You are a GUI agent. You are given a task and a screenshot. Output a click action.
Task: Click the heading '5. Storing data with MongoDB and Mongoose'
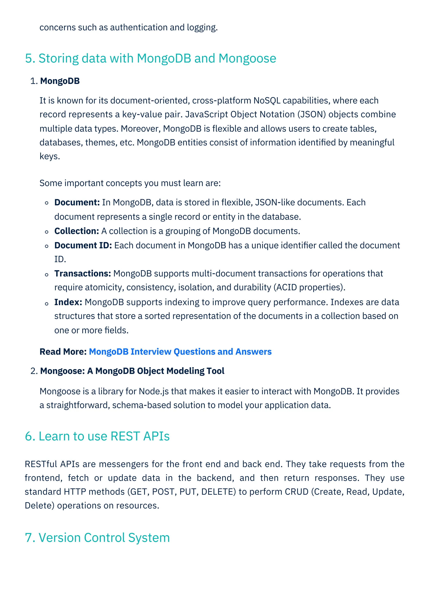coord(150,58)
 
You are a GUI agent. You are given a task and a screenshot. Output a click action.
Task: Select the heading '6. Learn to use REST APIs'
coord(97,436)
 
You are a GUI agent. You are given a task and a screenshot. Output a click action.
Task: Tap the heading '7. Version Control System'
coord(97,537)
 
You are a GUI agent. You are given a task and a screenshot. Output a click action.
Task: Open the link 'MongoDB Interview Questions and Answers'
coord(180,352)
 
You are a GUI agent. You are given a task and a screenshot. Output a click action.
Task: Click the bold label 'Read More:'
coord(63,352)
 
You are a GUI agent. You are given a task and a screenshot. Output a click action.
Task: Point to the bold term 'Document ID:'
coord(83,245)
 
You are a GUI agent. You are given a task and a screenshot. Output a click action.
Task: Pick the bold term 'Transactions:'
coord(82,273)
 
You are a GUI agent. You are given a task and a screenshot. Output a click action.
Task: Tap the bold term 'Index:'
coord(68,302)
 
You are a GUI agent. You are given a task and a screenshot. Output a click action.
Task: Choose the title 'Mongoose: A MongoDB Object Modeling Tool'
coord(132,371)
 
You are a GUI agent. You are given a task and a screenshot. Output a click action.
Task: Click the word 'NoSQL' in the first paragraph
coord(267,100)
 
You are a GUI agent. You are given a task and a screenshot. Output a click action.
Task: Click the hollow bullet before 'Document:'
coord(47,203)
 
